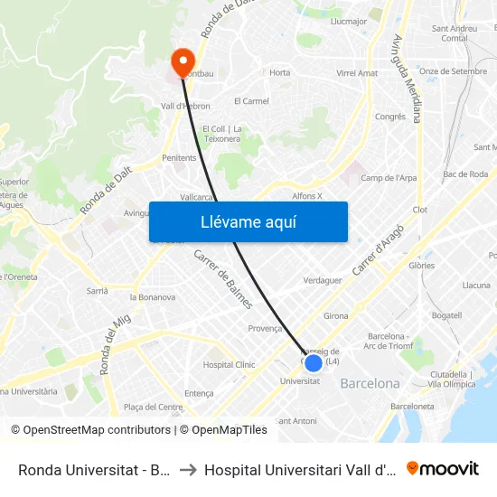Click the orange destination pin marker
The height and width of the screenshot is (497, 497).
click(x=182, y=62)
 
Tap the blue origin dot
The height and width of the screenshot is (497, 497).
click(x=314, y=363)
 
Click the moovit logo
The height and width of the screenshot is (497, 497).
click(x=443, y=469)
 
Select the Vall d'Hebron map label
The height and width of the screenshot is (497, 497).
click(x=185, y=106)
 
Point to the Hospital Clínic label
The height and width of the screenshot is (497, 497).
click(x=229, y=365)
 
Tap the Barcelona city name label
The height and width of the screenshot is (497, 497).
click(x=370, y=383)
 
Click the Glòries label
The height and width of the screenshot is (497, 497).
click(x=422, y=266)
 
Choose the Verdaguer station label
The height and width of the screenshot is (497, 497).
click(x=323, y=280)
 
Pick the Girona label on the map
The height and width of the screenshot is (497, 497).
click(x=336, y=316)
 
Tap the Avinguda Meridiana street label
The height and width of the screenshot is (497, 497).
click(x=408, y=79)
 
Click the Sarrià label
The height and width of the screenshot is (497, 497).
click(x=97, y=291)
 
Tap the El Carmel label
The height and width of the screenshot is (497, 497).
click(x=251, y=101)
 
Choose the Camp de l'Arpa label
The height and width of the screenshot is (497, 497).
click(x=389, y=178)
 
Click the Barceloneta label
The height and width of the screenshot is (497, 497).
click(x=412, y=407)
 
